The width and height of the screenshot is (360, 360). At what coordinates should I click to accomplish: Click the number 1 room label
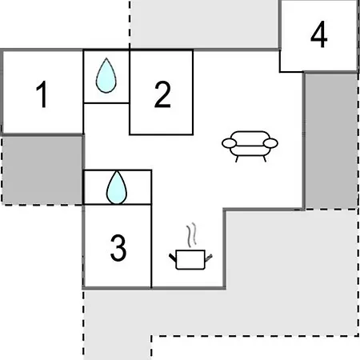tap(42, 94)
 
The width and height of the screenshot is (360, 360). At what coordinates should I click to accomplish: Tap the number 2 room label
tap(162, 94)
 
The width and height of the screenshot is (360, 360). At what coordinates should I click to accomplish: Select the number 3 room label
tap(118, 248)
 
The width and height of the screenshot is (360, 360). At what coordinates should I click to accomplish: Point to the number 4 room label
tap(319, 34)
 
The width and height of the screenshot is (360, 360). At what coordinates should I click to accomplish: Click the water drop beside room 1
tap(106, 76)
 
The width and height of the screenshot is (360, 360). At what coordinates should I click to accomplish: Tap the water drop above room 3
tap(117, 188)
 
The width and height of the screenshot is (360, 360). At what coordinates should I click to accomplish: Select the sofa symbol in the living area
tap(250, 146)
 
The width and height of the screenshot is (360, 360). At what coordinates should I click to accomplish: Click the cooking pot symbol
tap(190, 259)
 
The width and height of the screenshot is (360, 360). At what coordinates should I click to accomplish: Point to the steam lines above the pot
tap(191, 235)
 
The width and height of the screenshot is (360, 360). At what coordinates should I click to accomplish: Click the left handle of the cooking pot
tap(173, 258)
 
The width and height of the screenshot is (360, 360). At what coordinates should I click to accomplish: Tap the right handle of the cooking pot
tap(209, 258)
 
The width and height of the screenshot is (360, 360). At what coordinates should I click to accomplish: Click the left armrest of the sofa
tap(230, 143)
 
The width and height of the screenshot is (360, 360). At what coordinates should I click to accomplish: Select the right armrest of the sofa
tap(270, 143)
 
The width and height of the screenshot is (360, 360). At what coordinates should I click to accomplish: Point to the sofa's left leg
tap(237, 159)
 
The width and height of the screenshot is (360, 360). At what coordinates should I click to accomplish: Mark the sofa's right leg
tap(265, 159)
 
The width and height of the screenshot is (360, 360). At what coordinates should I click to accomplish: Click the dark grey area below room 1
tap(42, 170)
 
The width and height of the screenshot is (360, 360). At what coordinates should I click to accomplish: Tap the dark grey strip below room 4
tap(331, 141)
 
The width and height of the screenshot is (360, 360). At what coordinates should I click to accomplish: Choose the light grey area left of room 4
tap(205, 24)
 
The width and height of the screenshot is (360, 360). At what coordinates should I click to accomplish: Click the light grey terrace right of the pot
tap(290, 272)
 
